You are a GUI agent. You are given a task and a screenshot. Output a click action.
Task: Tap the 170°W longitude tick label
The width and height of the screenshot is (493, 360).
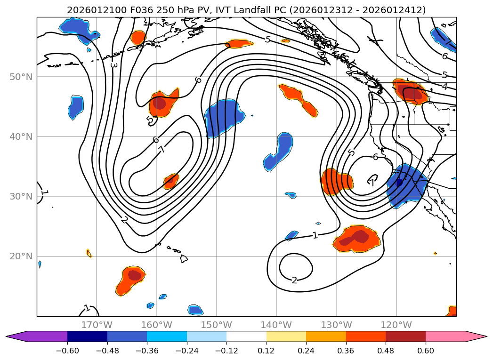(97, 325)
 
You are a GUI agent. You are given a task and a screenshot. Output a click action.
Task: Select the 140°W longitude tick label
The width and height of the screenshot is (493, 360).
(276, 325)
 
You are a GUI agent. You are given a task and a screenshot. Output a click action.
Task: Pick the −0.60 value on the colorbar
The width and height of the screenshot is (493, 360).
(67, 351)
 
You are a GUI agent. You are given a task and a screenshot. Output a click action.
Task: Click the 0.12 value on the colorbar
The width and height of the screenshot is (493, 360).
(267, 351)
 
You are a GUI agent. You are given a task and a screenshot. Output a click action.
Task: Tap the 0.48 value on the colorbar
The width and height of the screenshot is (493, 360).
(386, 351)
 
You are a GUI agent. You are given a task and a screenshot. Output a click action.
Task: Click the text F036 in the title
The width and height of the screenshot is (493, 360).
(124, 10)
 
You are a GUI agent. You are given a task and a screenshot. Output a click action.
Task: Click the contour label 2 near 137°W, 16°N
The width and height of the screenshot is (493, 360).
(294, 280)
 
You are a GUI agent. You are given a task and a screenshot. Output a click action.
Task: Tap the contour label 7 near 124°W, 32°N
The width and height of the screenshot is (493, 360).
(372, 182)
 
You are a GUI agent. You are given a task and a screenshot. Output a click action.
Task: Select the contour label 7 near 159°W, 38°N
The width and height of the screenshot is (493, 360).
(162, 150)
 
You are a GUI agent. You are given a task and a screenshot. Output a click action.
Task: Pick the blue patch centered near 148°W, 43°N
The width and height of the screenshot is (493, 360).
(224, 118)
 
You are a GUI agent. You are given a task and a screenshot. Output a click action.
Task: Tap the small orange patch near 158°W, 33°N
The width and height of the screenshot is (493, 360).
(170, 181)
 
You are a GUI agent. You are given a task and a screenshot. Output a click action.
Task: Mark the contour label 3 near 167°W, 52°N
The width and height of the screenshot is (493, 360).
(113, 64)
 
